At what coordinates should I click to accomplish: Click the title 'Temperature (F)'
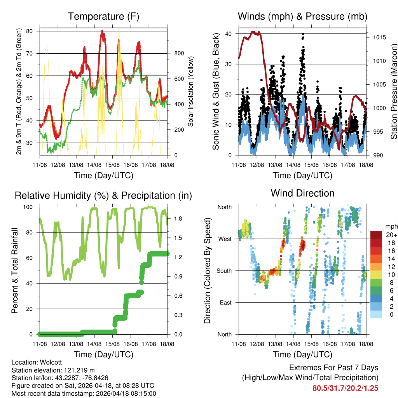coord(103,16)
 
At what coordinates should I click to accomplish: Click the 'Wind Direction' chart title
coord(302,193)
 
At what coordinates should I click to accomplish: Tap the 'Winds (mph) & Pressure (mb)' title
coord(302,16)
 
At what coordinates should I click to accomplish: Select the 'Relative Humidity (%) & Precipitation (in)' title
coord(103,195)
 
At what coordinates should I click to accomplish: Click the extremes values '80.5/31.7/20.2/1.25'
coord(345,388)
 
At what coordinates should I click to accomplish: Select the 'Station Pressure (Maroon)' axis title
coord(393,91)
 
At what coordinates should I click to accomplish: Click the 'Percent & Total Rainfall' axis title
coord(14,271)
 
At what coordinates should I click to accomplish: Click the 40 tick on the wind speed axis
coord(229,34)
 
